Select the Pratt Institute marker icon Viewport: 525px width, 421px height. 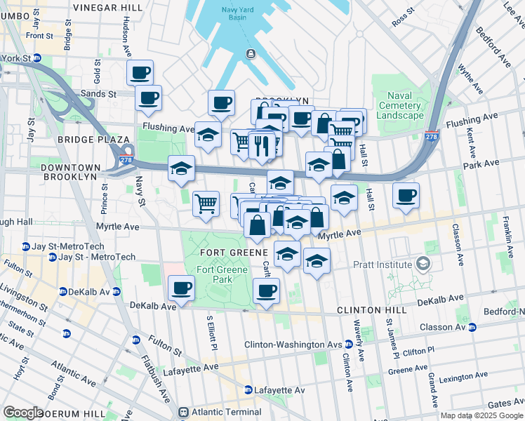click(423, 264)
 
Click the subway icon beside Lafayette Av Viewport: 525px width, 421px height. click(248, 390)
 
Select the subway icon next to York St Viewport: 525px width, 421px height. click(37, 58)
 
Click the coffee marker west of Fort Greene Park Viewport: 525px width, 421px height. click(182, 288)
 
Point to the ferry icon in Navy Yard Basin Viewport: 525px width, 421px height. click(250, 55)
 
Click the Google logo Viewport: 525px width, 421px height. click(22, 412)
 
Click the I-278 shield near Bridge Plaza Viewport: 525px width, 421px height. click(126, 160)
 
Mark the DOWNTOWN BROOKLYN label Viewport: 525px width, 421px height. click(70, 172)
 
